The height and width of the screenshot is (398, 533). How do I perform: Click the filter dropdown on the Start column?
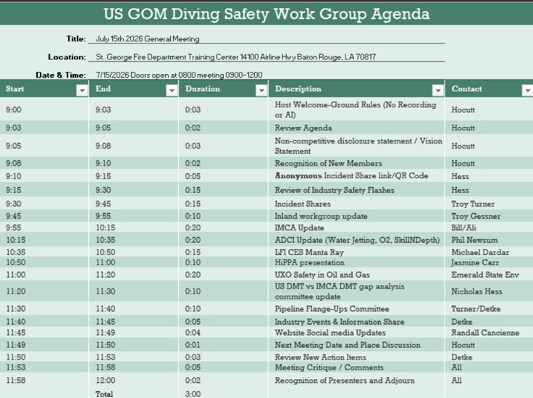(82, 91)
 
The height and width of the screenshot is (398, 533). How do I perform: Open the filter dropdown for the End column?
(172, 91)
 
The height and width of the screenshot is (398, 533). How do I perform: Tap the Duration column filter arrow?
(261, 91)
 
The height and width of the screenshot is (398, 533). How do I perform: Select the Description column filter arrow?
(438, 91)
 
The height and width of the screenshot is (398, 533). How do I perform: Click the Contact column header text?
(466, 88)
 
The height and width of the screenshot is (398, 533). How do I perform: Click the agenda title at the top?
(266, 14)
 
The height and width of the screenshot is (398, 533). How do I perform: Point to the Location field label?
(67, 57)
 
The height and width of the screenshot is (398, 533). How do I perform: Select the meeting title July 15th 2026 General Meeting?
(148, 38)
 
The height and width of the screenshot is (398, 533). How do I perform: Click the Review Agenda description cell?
(303, 128)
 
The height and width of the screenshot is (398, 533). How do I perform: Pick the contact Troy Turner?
(473, 204)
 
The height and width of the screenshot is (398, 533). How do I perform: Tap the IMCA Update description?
(299, 228)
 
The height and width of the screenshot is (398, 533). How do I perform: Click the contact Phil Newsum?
(474, 240)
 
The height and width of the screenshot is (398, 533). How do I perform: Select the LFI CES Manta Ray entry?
(309, 252)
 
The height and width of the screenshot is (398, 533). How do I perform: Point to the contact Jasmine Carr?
(475, 262)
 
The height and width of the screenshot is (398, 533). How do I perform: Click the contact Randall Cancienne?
(485, 332)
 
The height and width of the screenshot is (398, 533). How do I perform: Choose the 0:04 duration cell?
(193, 332)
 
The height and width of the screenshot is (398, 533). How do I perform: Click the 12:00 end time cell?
(106, 380)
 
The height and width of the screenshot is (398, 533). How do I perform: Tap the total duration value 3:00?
(193, 394)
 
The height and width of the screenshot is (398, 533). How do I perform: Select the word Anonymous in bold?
(298, 176)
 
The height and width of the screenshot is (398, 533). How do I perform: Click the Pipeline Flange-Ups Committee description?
(332, 309)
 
